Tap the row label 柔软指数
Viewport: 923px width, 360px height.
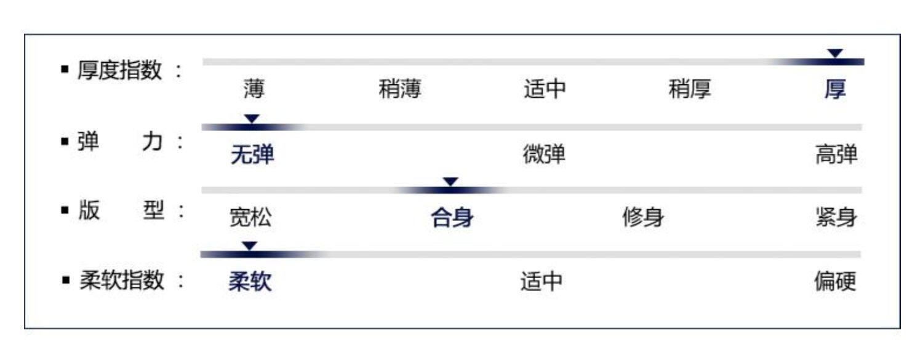[x=122, y=281]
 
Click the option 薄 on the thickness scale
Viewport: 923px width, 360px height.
[x=254, y=90]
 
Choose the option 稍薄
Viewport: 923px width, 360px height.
[x=400, y=90]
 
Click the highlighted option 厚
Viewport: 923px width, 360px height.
[x=835, y=90]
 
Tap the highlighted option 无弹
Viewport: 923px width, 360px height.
[x=252, y=156]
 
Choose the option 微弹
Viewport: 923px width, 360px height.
[x=543, y=156]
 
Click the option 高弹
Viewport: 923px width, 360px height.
[x=836, y=156]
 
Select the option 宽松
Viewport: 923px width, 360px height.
[x=250, y=218]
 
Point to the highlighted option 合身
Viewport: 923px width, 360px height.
[x=452, y=218]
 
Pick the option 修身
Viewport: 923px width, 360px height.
[x=643, y=218]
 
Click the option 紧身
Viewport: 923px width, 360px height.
[x=836, y=218]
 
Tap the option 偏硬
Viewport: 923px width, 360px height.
[x=835, y=282]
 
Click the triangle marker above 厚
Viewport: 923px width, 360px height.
[x=835, y=54]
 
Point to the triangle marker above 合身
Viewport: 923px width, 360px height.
[x=451, y=182]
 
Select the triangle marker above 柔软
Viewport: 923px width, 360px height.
[x=249, y=246]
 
